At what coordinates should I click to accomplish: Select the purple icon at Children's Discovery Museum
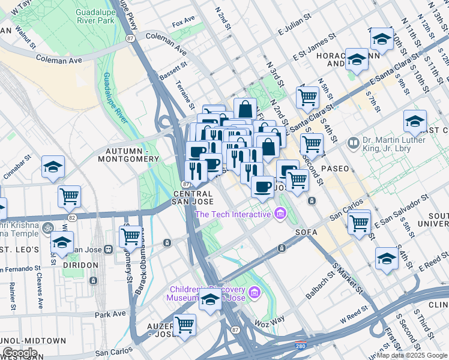coord(255,292)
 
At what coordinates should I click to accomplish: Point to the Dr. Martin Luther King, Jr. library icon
coord(354,143)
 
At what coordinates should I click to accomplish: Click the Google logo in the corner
coord(19,353)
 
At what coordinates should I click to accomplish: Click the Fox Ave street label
coord(183,24)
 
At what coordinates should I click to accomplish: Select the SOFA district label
coord(306,231)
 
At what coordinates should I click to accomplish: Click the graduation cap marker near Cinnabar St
coord(53,167)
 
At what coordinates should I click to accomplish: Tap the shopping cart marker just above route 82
coord(69,196)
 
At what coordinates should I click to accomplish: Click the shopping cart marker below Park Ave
coord(185,325)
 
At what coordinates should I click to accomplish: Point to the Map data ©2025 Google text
coord(412,355)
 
